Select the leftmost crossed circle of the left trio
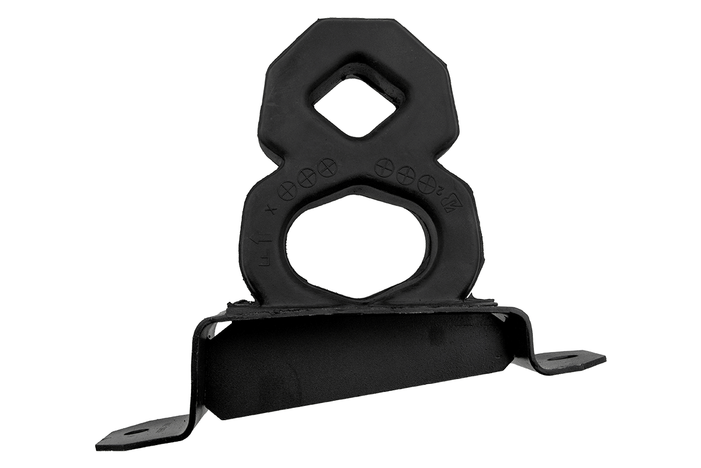click(x=287, y=191)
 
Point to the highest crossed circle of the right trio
click(x=386, y=167)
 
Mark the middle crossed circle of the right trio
click(x=406, y=175)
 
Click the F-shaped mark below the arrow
click(x=263, y=257)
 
